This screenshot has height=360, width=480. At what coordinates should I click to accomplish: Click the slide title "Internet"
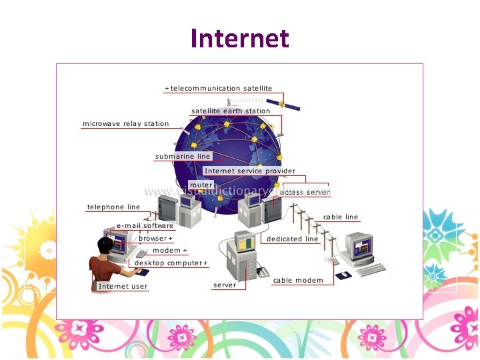pyautogui.click(x=239, y=38)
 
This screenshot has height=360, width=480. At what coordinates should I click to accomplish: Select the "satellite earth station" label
pyautogui.click(x=231, y=111)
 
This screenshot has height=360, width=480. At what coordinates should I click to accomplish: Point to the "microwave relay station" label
pyautogui.click(x=125, y=123)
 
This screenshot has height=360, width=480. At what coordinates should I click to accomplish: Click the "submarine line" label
pyautogui.click(x=183, y=156)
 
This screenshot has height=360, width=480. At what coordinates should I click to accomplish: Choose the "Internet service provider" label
pyautogui.click(x=249, y=171)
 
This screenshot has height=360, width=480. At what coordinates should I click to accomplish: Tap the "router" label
pyautogui.click(x=201, y=185)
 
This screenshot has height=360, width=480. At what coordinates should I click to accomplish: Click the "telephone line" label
pyautogui.click(x=113, y=207)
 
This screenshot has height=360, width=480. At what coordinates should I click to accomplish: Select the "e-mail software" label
pyautogui.click(x=145, y=225)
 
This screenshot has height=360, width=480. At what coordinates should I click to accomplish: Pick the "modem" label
pyautogui.click(x=169, y=250)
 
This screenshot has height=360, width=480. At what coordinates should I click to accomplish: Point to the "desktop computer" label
pyautogui.click(x=171, y=263)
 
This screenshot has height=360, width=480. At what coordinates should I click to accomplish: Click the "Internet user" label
pyautogui.click(x=123, y=286)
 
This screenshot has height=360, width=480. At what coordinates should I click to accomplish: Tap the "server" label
pyautogui.click(x=225, y=285)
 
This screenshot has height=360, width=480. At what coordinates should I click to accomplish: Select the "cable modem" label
pyautogui.click(x=298, y=280)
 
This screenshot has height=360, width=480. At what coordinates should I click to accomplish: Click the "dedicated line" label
pyautogui.click(x=292, y=239)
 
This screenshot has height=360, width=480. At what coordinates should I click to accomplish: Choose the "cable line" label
pyautogui.click(x=341, y=217)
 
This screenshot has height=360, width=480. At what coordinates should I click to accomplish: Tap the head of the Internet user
pyautogui.click(x=104, y=246)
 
